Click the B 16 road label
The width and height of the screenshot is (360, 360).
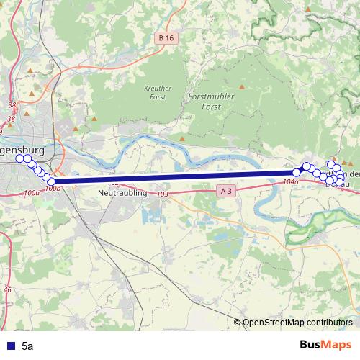(x=167, y=37)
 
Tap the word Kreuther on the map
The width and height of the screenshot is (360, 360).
(x=158, y=88)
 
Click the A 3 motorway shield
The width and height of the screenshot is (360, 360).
(x=225, y=190)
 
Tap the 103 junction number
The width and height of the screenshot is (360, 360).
(x=162, y=194)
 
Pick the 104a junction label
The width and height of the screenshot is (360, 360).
(x=291, y=182)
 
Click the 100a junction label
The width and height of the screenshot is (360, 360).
(x=31, y=193)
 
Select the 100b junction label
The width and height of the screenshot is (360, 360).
(x=51, y=189)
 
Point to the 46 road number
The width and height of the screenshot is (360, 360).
(x=7, y=289)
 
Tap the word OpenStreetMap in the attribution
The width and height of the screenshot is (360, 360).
(x=274, y=323)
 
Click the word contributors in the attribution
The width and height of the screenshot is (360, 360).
(x=330, y=323)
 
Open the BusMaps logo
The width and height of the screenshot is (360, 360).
(x=325, y=345)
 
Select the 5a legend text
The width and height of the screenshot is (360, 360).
(x=28, y=346)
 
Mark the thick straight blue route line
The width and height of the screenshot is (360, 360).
(x=173, y=177)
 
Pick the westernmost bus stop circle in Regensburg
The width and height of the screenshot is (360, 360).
(x=20, y=158)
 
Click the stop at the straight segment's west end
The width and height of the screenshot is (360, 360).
(x=52, y=181)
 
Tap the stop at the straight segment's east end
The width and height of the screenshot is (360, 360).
(x=296, y=172)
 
